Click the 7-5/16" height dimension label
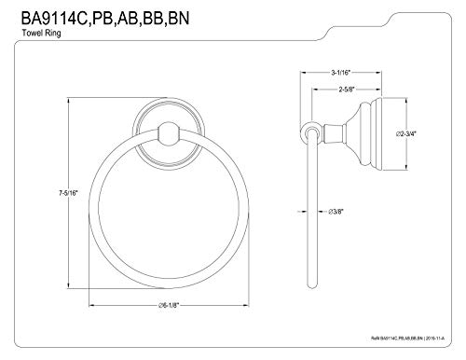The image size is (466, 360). coord(68,193)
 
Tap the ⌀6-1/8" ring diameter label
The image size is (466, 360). coord(169,305)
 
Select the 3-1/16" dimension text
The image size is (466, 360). coord(340,73)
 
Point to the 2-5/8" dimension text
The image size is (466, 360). coord(347,90)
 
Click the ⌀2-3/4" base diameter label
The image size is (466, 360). coord(405,134)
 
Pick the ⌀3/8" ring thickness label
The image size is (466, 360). coord(336,212)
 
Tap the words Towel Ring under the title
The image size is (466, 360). coord(41,33)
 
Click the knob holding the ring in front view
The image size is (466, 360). coord(169,133)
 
